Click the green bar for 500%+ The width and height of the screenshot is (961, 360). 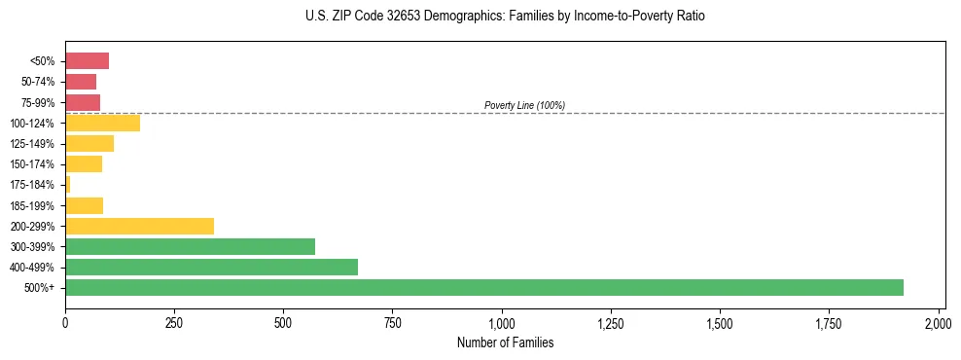click(x=483, y=287)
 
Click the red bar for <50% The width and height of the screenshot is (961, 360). click(x=87, y=61)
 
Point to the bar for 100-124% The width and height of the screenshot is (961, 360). click(x=102, y=123)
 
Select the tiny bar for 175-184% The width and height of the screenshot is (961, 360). click(x=68, y=184)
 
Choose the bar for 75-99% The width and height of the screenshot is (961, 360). click(x=83, y=102)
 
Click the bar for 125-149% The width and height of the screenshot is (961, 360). click(x=89, y=143)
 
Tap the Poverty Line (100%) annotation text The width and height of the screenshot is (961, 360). click(x=524, y=105)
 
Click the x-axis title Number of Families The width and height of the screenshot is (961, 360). click(x=505, y=342)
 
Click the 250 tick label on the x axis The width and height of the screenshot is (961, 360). click(x=174, y=322)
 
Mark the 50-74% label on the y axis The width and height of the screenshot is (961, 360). click(x=38, y=82)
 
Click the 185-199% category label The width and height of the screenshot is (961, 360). click(x=34, y=205)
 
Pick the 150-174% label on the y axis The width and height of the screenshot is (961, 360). click(x=34, y=163)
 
